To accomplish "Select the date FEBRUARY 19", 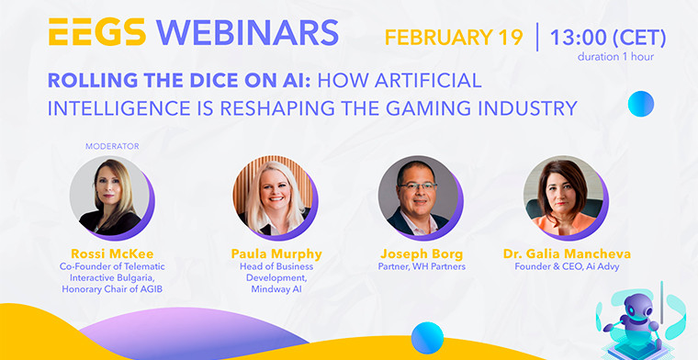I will tap(453, 39).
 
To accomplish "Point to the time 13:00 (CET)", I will tap(607, 39).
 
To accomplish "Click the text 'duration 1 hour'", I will tap(621, 57).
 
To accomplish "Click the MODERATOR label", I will tap(111, 146).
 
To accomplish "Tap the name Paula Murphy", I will tap(274, 253).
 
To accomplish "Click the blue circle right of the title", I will tap(640, 105).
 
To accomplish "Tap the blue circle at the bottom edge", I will tap(427, 339).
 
